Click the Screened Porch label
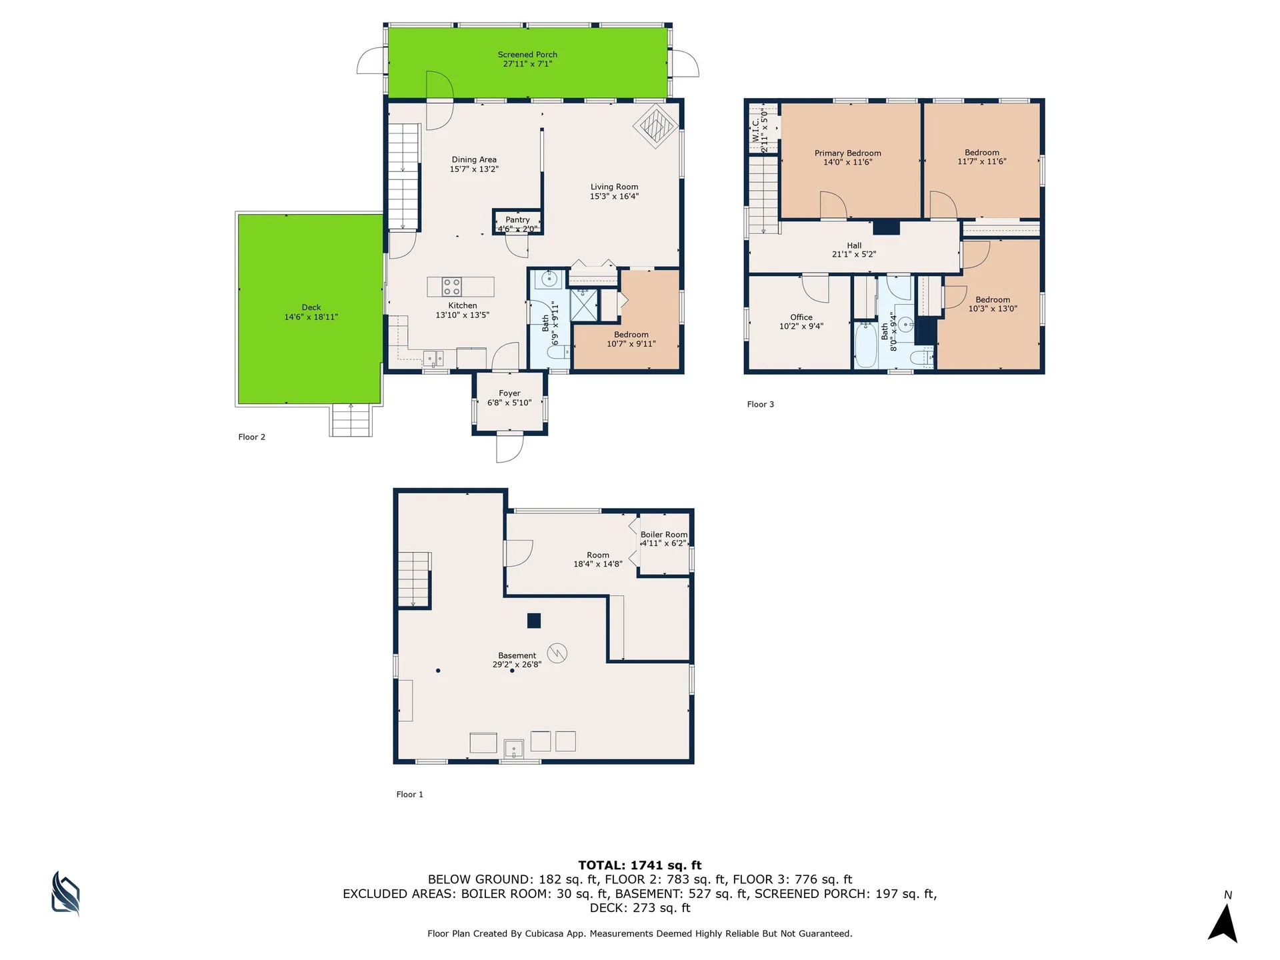click(527, 55)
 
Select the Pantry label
click(517, 219)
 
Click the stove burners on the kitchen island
click(452, 287)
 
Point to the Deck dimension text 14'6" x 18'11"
click(311, 317)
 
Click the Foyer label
click(509, 393)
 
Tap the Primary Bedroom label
click(848, 153)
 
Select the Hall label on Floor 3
click(854, 245)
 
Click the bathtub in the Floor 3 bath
click(865, 344)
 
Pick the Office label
click(801, 317)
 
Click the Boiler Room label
click(664, 534)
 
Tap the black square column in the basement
click(534, 621)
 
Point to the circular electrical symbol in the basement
click(557, 653)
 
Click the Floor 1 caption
click(409, 794)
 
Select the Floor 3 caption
click(761, 404)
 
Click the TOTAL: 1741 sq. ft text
click(640, 865)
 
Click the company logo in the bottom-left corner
click(65, 893)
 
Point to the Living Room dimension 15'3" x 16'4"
click(614, 196)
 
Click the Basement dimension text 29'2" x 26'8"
click(517, 664)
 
